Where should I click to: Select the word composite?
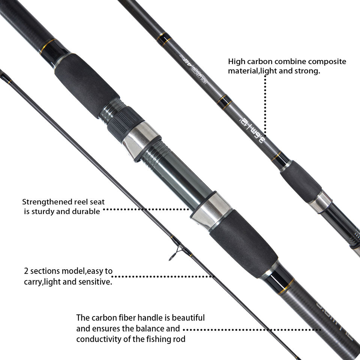tap(329, 61)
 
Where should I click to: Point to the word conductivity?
tap(99, 339)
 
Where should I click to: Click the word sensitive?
tap(96, 282)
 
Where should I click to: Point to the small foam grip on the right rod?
tap(300, 181)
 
